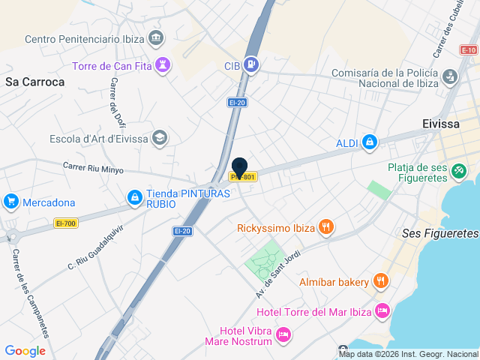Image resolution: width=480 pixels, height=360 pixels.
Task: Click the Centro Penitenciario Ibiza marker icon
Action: click(155, 37)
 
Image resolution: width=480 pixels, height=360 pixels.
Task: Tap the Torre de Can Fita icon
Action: click(163, 64)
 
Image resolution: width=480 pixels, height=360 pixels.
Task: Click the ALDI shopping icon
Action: click(370, 142)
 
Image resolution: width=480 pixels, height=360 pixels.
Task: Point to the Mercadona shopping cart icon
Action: click(10, 202)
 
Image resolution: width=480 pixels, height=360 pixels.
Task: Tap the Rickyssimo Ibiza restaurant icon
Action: click(325, 226)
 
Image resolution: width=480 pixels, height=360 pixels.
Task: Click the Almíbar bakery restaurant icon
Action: click(381, 281)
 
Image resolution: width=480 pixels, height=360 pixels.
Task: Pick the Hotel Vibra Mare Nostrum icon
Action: click(283, 335)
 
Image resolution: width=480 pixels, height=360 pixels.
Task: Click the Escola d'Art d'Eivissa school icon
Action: click(159, 138)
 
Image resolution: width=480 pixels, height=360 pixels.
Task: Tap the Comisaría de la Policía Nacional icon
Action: click(449, 76)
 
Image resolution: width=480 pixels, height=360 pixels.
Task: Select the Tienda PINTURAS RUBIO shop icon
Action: click(133, 197)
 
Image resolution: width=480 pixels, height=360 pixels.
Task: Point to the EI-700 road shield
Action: click(66, 223)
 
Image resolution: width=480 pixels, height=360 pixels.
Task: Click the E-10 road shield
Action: click(469, 49)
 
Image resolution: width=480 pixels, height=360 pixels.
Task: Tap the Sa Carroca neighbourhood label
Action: click(34, 82)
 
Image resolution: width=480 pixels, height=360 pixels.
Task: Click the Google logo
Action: click(25, 350)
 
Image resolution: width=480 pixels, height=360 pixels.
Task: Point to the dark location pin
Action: click(240, 168)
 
